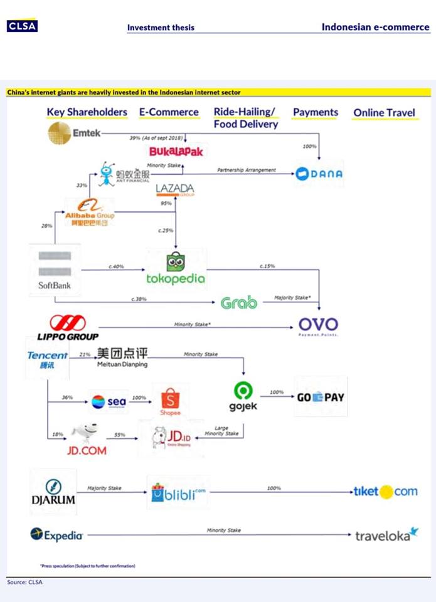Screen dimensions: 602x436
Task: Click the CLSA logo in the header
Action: [22, 26]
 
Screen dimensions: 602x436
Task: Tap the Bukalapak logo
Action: [176, 152]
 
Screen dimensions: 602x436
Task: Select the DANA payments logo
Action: [319, 174]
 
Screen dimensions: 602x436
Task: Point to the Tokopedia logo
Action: [176, 270]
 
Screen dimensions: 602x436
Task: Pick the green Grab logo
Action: [238, 304]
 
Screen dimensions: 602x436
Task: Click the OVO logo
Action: [317, 325]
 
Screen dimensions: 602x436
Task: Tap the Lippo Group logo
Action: [67, 328]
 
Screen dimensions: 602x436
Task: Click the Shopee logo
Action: [170, 401]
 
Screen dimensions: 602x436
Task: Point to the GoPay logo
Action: [320, 397]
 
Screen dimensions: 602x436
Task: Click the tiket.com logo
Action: [385, 492]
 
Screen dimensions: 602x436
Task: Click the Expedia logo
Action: [56, 535]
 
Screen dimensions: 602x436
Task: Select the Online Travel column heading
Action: [384, 113]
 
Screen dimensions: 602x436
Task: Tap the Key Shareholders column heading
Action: [87, 112]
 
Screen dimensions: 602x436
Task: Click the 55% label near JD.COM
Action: [120, 435]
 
